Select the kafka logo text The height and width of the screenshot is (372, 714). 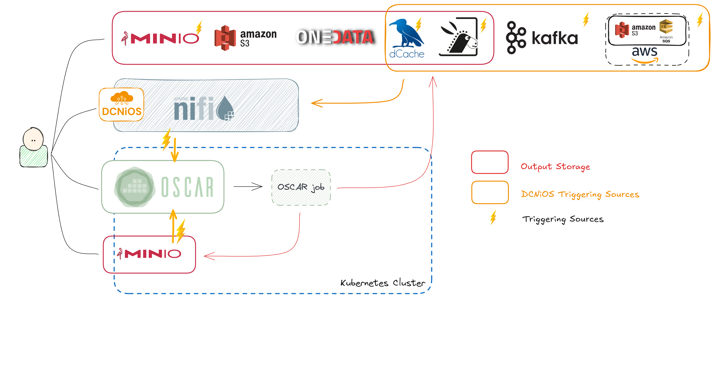click(x=555, y=38)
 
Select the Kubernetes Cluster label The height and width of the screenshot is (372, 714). click(x=382, y=283)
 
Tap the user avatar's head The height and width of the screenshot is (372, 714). click(x=33, y=139)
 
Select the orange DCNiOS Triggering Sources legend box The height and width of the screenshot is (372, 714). click(x=490, y=192)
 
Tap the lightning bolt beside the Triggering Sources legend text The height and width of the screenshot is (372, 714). click(x=493, y=217)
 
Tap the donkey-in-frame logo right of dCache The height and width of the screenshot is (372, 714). click(x=459, y=38)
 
